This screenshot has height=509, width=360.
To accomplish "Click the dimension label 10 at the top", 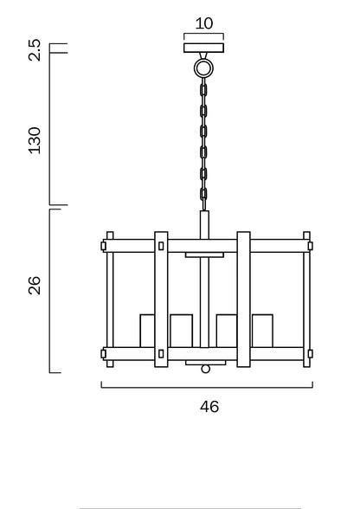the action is [204, 23].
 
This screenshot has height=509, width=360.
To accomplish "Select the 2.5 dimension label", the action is [35, 49].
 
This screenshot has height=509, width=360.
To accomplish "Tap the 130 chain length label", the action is [35, 140].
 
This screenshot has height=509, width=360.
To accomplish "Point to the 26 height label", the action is [35, 286].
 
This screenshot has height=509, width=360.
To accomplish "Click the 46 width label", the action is [209, 407].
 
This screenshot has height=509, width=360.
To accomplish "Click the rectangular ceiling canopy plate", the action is [204, 48].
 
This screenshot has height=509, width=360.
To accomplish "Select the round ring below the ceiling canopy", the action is [203, 68].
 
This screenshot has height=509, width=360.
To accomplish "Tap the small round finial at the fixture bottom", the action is [205, 369].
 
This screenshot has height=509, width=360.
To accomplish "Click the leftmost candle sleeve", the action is [147, 331].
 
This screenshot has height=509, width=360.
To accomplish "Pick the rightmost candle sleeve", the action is [262, 331].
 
